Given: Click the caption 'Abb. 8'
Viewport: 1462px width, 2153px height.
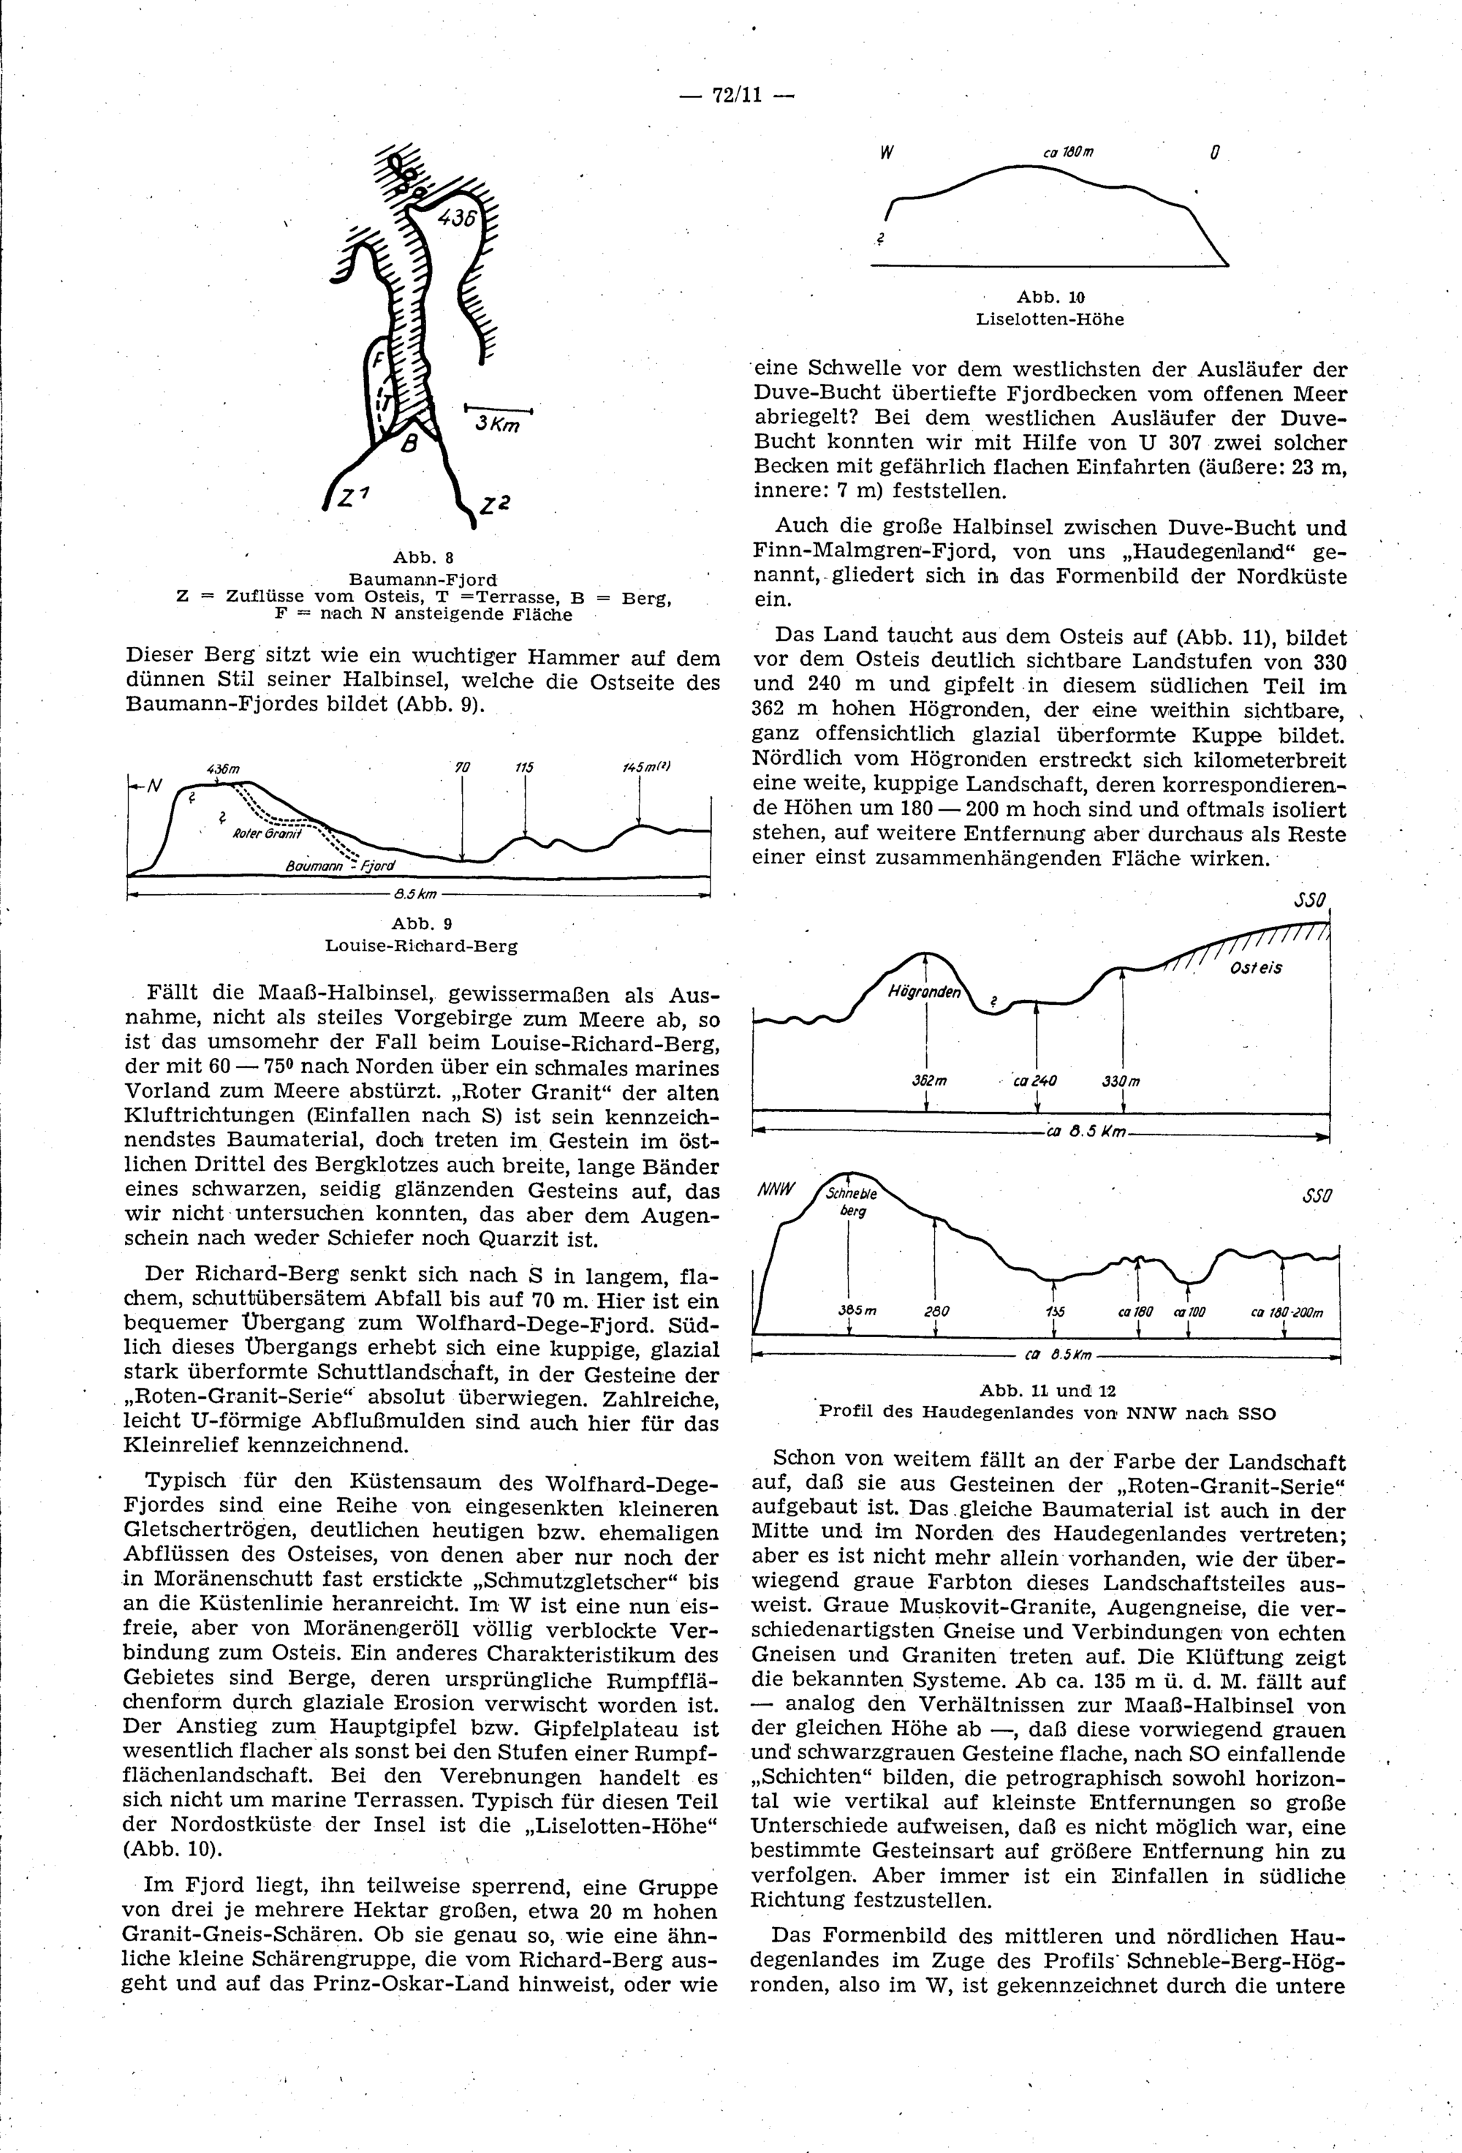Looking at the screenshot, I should tap(423, 557).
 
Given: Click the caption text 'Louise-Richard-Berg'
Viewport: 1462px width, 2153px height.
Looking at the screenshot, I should tap(422, 947).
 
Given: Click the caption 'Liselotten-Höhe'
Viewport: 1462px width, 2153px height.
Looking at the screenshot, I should tap(1050, 319).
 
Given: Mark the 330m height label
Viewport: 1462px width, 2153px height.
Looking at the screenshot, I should tap(1121, 1081).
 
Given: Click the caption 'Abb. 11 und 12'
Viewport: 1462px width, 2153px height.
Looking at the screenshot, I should tap(1048, 1390).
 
